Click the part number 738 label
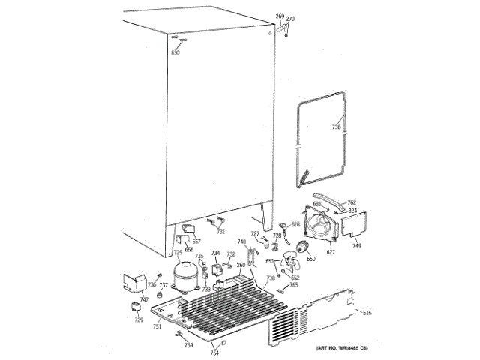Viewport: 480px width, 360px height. point(336,127)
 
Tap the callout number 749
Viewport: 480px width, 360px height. point(357,245)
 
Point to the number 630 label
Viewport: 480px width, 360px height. point(175,52)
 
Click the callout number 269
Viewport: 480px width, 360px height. point(280,16)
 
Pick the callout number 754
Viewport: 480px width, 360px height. point(214,352)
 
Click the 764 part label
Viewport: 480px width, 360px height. point(189,344)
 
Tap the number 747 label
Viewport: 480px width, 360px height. point(123,298)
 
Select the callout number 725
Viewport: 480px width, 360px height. point(178,253)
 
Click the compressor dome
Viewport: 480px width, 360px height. point(184,274)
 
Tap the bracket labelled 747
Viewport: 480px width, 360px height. point(134,283)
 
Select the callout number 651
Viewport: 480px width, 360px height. point(268,261)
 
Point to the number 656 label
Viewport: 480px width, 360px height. point(189,250)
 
